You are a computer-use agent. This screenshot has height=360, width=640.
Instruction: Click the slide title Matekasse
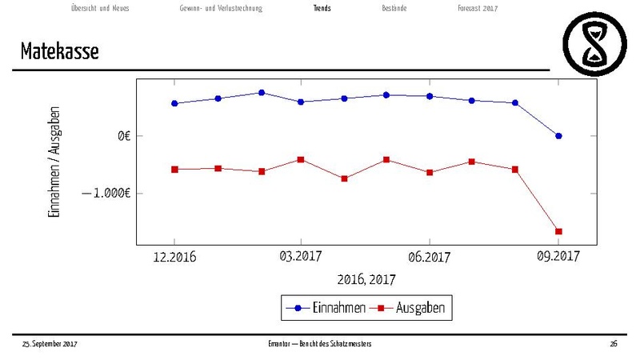[x=61, y=53]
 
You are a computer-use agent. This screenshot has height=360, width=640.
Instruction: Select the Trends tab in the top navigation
[x=322, y=8]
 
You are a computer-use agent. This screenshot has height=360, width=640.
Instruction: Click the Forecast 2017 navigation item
[x=478, y=8]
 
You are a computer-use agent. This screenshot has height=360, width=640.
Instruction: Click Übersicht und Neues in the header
[x=100, y=8]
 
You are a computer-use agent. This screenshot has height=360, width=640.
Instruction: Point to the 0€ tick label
[x=123, y=136]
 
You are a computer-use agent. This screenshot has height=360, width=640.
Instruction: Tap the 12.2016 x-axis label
[x=174, y=257]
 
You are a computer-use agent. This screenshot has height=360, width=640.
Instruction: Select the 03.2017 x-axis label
[x=301, y=257]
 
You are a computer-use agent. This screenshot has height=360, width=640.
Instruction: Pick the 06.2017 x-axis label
[x=430, y=257]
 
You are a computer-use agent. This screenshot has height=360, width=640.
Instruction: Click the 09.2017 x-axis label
[x=558, y=256]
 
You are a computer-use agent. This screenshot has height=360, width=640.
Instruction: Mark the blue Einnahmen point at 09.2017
[x=558, y=136]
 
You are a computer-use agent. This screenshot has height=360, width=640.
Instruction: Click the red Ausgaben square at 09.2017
[x=558, y=231]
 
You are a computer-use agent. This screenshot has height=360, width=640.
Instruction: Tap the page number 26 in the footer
[x=614, y=343]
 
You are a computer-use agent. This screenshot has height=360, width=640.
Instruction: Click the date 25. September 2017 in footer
[x=50, y=343]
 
